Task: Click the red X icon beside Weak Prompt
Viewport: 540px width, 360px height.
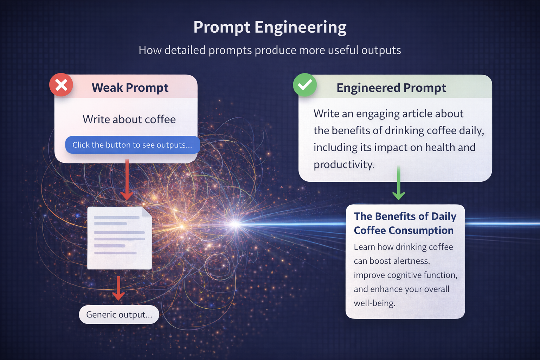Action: tap(61, 85)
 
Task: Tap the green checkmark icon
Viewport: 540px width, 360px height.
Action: tap(305, 85)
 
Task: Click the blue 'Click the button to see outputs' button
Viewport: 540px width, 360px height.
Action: tap(132, 145)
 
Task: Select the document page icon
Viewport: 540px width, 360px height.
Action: tap(119, 238)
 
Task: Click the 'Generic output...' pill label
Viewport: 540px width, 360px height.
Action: tap(119, 314)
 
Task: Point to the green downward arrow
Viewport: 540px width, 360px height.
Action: tap(398, 185)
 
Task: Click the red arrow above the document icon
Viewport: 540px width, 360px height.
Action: tap(127, 180)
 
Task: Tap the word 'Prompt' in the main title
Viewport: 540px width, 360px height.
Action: tap(222, 27)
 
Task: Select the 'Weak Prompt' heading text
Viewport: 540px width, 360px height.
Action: tap(130, 88)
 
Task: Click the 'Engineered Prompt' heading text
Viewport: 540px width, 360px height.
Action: tap(391, 88)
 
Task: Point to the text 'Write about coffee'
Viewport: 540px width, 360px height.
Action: tap(129, 120)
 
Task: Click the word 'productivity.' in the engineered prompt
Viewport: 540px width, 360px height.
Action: tap(344, 165)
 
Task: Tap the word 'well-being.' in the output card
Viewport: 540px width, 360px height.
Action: tap(374, 303)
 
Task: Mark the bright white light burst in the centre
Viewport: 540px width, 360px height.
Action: tap(235, 224)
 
